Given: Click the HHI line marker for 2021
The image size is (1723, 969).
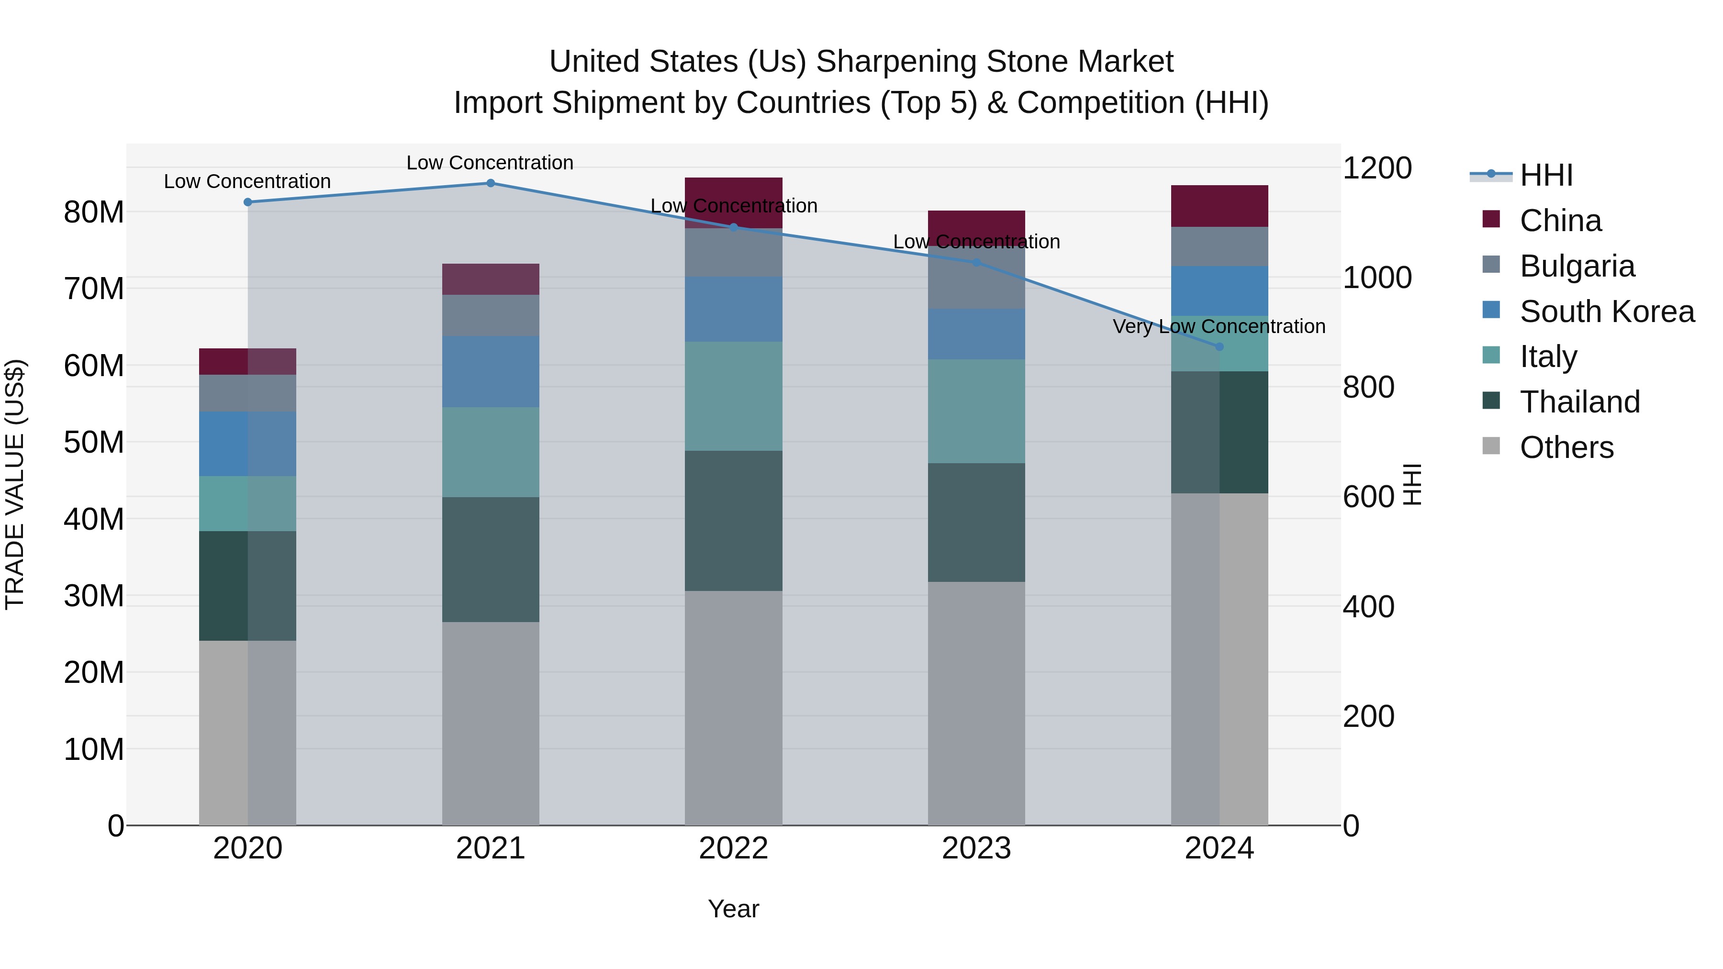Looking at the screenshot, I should pos(490,183).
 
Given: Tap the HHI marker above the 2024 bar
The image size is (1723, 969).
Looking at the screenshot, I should pos(1219,346).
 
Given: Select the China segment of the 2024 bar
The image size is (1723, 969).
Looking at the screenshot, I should pos(1219,206).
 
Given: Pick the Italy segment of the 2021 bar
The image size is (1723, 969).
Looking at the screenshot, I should pos(490,452).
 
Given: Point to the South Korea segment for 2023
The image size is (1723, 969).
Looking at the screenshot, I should pos(976,334).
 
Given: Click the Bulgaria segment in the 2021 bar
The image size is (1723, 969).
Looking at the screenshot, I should pos(490,316).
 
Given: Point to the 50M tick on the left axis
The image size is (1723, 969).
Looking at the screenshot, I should pos(94,442).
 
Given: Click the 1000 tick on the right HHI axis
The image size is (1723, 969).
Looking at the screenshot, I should pos(1377,278).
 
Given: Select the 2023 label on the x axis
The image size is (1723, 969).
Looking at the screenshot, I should pos(976,848).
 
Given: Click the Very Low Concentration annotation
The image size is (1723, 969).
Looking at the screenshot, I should pos(1219,326).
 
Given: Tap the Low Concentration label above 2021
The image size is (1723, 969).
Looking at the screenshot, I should pos(490,163).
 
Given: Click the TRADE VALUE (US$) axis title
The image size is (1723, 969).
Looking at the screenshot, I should pos(15,484).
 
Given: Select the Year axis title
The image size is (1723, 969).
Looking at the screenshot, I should pos(733,909).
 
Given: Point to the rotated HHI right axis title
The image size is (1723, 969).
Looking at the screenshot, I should pos(1412,484).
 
